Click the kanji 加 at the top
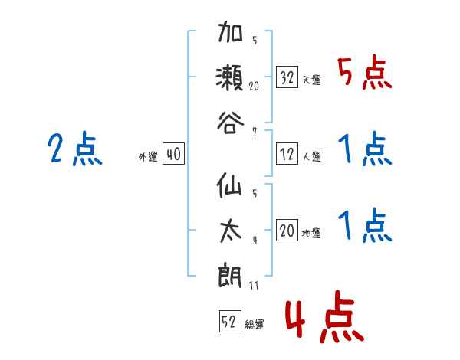(x=231, y=35)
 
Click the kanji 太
(x=231, y=229)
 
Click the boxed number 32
(x=287, y=77)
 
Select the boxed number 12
(x=287, y=154)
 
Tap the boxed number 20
(x=287, y=229)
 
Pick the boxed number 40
(x=173, y=154)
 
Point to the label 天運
(x=312, y=80)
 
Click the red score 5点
(x=365, y=74)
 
